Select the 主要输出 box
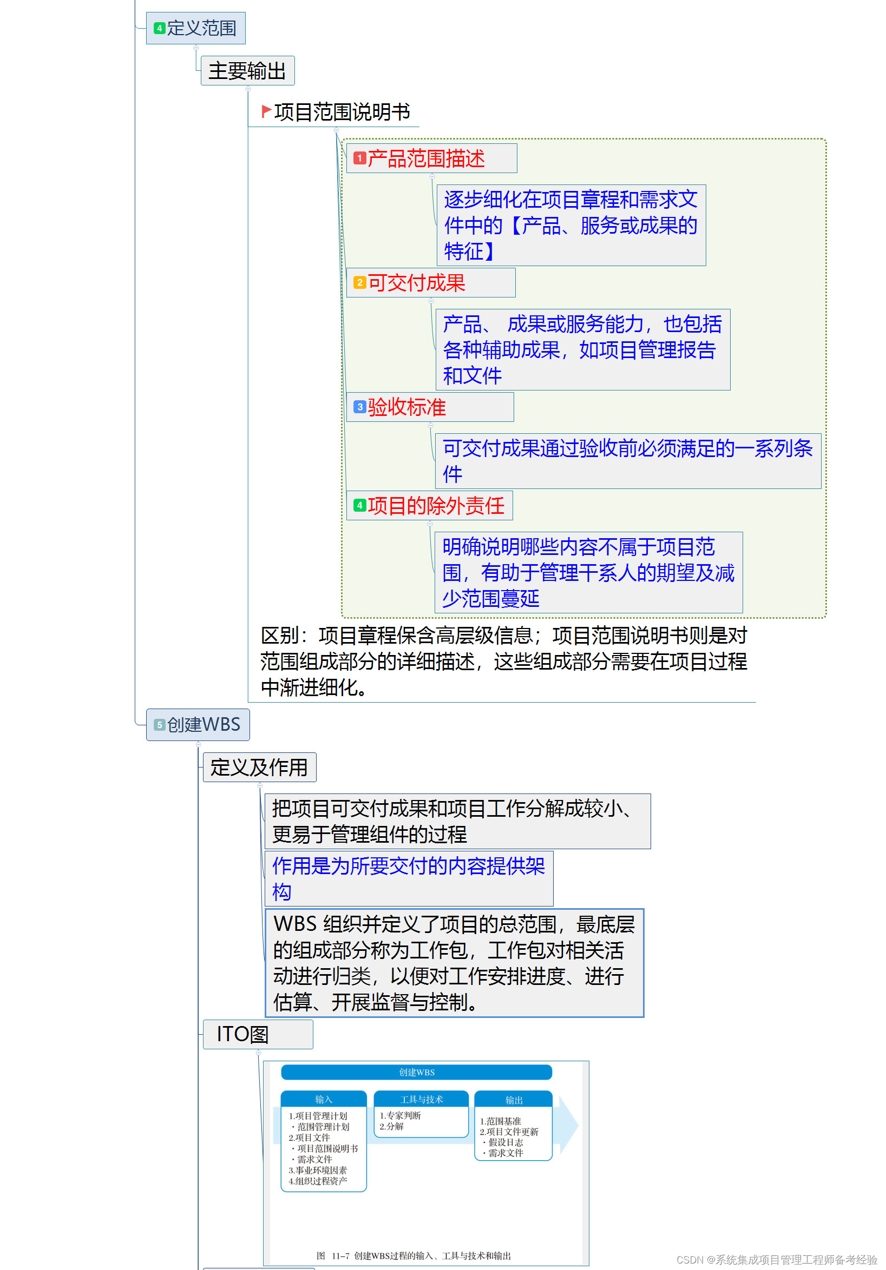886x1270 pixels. click(247, 71)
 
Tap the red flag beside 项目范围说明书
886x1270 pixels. click(266, 111)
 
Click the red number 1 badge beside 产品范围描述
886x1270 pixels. click(359, 158)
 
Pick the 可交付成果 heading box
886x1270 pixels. click(430, 283)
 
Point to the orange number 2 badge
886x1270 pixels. click(359, 283)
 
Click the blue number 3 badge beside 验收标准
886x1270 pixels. click(359, 407)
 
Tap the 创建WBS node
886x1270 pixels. click(198, 725)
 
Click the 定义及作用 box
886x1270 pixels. click(259, 767)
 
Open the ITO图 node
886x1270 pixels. click(257, 1034)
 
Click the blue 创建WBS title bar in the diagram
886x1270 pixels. click(416, 1073)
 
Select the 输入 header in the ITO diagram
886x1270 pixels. click(323, 1100)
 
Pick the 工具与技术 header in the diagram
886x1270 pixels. click(421, 1100)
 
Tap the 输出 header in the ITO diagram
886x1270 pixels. click(514, 1100)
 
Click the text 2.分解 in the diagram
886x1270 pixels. click(391, 1127)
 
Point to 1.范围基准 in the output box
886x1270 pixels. click(500, 1121)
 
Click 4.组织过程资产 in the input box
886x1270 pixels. click(318, 1181)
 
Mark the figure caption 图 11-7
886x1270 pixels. click(414, 1255)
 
